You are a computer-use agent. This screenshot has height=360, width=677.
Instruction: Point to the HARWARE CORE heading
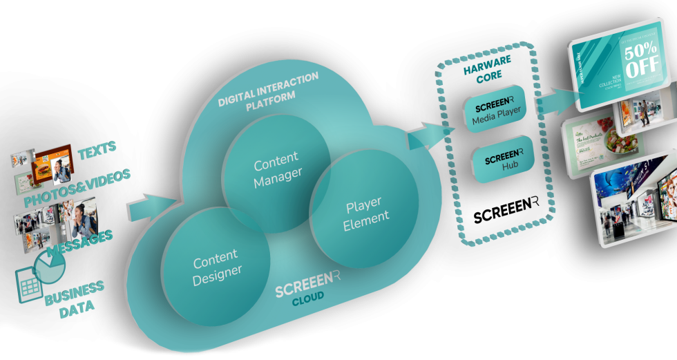pyautogui.click(x=488, y=66)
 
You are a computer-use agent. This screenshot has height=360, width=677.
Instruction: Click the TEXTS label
pyautogui.click(x=97, y=148)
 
